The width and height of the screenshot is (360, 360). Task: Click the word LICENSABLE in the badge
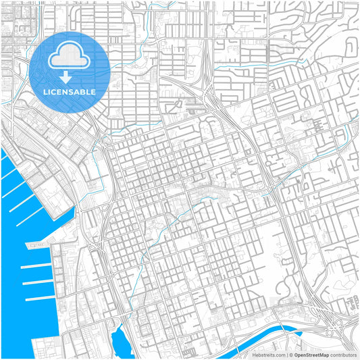[70, 92]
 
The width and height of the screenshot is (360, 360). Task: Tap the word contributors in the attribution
[344, 354]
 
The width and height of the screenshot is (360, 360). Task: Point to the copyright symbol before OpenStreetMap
[290, 354]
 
